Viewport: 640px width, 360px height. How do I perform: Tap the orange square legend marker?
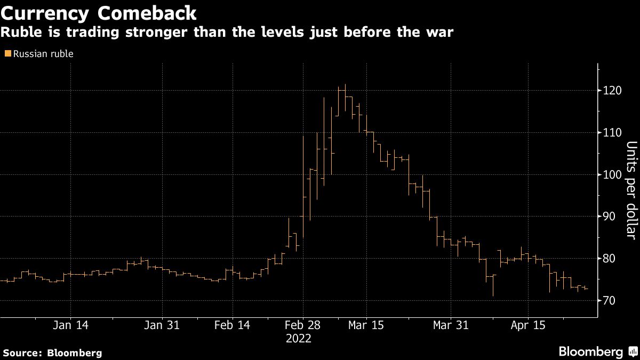(x=7, y=53)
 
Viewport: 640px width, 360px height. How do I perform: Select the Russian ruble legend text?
(x=43, y=53)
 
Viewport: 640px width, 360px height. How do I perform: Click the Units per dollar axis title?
(x=631, y=189)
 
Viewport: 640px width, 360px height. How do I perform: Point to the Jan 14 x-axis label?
(x=71, y=325)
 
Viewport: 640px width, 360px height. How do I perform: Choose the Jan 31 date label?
(x=162, y=325)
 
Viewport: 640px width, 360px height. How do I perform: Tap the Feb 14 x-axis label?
(x=233, y=325)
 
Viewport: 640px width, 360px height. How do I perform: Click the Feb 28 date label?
(x=302, y=325)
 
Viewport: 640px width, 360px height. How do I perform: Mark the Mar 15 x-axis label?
(x=366, y=325)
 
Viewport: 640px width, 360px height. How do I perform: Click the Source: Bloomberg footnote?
(x=52, y=353)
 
